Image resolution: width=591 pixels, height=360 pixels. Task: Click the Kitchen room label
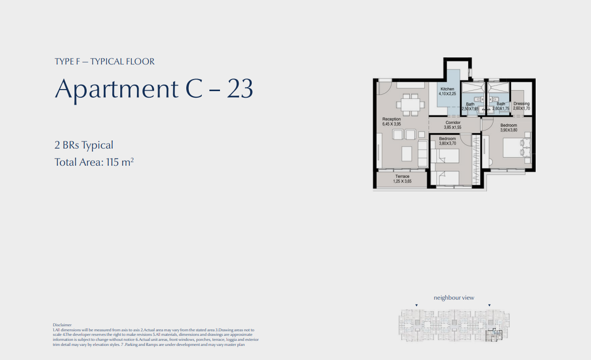[x=448, y=89]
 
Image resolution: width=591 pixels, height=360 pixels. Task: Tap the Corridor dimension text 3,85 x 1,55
[x=452, y=127]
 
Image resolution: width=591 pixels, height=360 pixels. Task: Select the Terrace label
[x=402, y=176]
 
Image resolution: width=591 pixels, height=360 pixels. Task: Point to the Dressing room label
[x=521, y=103]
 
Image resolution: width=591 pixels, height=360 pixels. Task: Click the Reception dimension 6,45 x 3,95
[x=391, y=124]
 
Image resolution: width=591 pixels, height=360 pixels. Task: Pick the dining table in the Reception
[x=410, y=104]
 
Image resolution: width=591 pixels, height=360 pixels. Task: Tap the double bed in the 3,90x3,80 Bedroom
[x=517, y=148]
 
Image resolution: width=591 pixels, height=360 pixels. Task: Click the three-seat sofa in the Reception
[x=423, y=154]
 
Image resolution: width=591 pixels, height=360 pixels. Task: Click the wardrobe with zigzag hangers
[x=476, y=160]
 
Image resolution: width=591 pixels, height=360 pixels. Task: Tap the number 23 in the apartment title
[x=240, y=89]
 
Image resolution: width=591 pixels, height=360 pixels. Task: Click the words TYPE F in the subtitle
[x=67, y=61]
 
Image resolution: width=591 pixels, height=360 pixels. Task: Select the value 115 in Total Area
[x=113, y=162]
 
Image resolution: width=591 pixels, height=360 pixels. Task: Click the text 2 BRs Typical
[x=84, y=145]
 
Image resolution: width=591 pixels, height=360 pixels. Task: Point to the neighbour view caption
[x=454, y=298]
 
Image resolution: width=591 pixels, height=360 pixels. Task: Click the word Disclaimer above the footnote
[x=62, y=325]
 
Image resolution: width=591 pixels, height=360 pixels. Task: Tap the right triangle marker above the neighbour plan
[x=489, y=305]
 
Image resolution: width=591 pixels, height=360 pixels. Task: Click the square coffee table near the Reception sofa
[x=407, y=154]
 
